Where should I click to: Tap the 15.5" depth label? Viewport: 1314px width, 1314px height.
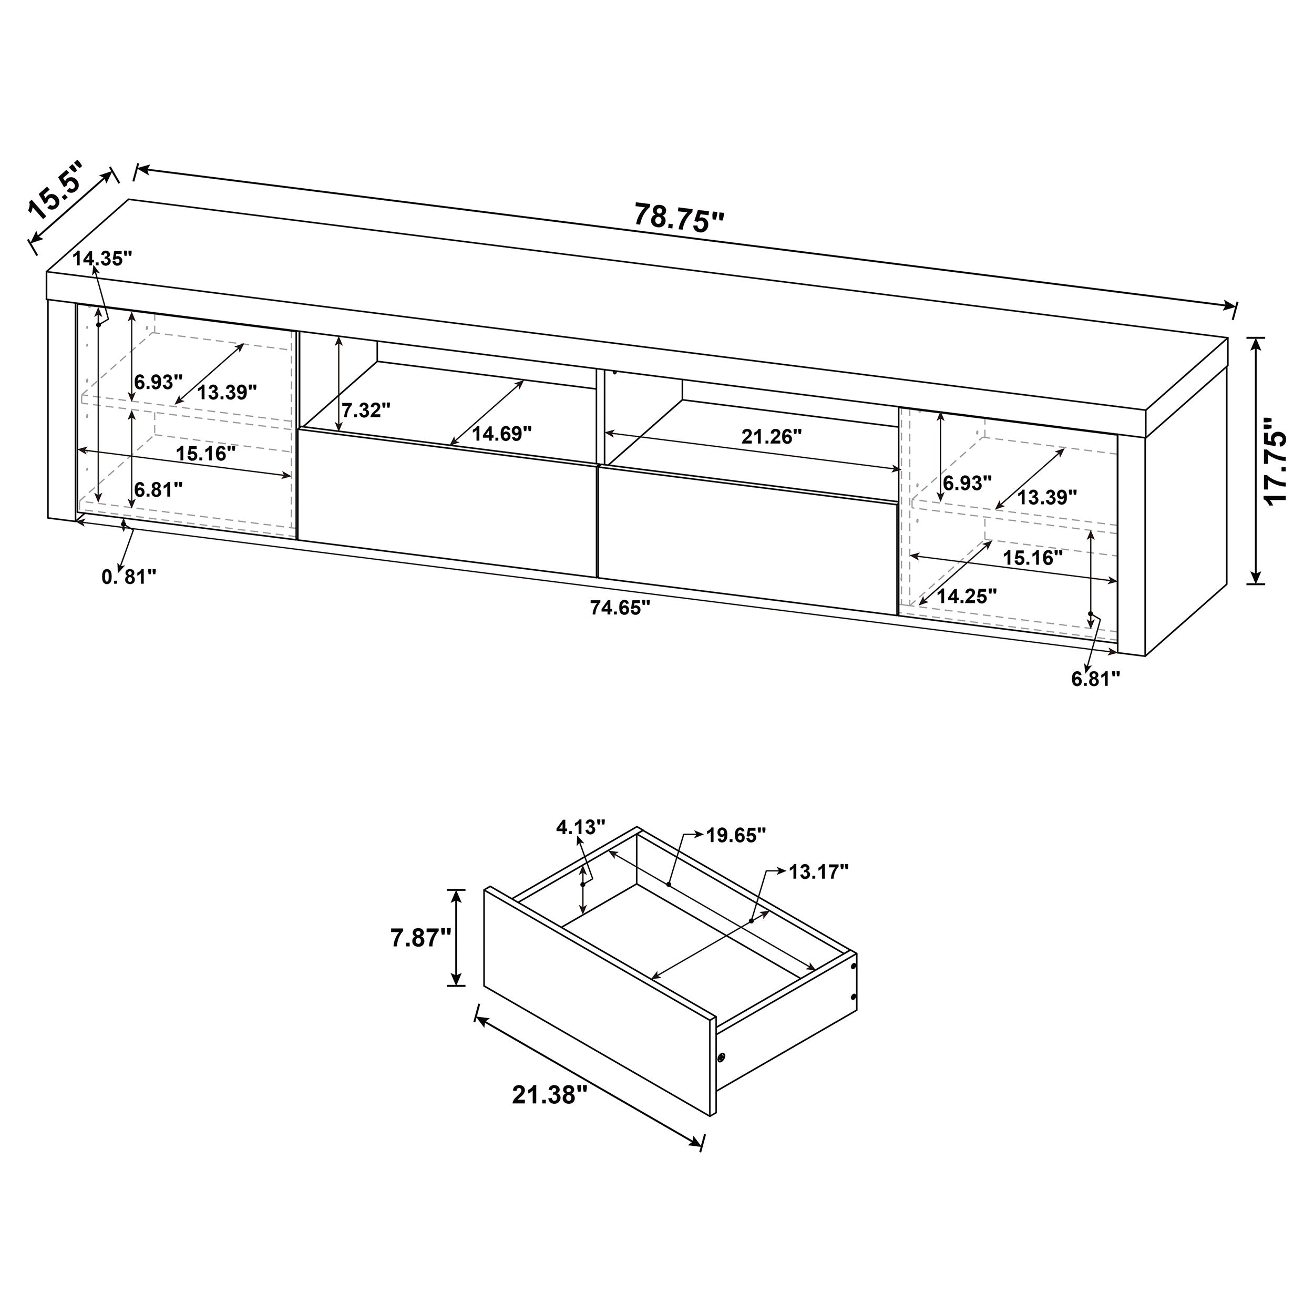coord(57,192)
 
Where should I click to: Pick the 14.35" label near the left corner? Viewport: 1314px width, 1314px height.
coord(102,259)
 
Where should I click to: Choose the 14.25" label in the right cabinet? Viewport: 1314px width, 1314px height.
coord(967,597)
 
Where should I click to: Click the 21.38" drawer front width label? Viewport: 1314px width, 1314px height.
coord(550,1095)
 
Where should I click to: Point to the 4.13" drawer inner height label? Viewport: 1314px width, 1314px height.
coord(580,827)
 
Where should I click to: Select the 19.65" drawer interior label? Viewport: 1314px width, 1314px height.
coord(736,835)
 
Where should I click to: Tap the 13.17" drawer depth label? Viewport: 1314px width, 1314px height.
coord(818,871)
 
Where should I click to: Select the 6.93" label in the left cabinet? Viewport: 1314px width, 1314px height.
coord(159,382)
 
